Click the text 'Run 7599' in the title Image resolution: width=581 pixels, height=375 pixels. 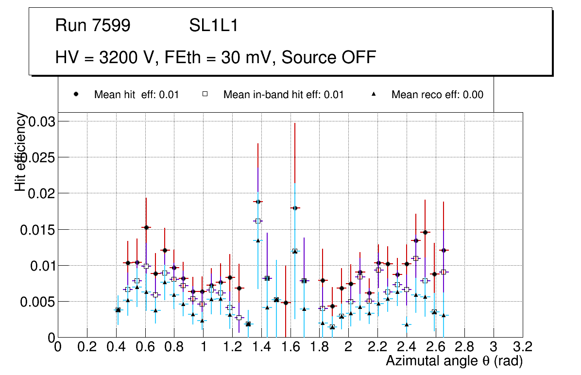pos(93,26)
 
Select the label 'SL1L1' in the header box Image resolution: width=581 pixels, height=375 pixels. pos(214,26)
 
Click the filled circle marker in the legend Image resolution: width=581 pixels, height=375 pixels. pos(76,94)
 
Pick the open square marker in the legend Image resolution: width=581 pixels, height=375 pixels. pos(205,94)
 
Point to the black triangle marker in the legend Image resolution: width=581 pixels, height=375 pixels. pos(374,94)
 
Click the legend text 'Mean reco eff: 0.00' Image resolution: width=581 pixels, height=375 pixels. pos(437,95)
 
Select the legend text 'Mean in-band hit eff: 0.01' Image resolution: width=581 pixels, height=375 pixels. pos(283,95)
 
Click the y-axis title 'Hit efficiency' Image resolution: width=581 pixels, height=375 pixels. pos(20,152)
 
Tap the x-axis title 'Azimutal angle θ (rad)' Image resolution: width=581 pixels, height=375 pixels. pos(454,361)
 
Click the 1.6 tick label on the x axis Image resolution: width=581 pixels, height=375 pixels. pos(290,348)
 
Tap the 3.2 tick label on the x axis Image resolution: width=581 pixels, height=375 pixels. pos(522,348)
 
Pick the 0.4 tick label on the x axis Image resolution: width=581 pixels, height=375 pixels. pos(116,348)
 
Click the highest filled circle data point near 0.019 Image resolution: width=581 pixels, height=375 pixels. pos(257,202)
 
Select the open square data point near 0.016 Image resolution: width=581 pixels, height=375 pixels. pos(257,221)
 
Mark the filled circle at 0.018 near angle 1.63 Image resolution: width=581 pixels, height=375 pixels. pos(294,208)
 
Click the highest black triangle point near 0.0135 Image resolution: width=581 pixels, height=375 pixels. pos(257,240)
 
